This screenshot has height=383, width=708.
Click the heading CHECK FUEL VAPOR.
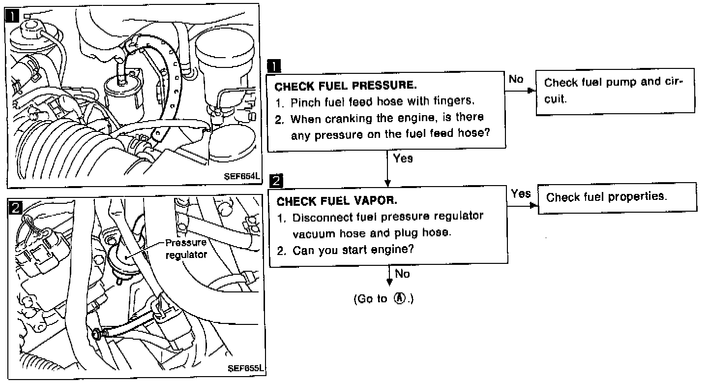[x=337, y=201]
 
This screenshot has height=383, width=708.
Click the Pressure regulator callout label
[x=186, y=249]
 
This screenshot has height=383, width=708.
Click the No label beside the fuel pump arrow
[x=516, y=79]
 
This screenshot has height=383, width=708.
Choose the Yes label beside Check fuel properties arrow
[x=521, y=193]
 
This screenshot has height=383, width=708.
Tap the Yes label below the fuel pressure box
[x=403, y=159]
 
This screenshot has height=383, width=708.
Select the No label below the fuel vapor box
[x=402, y=274]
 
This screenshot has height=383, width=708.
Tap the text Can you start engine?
[x=353, y=250]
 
